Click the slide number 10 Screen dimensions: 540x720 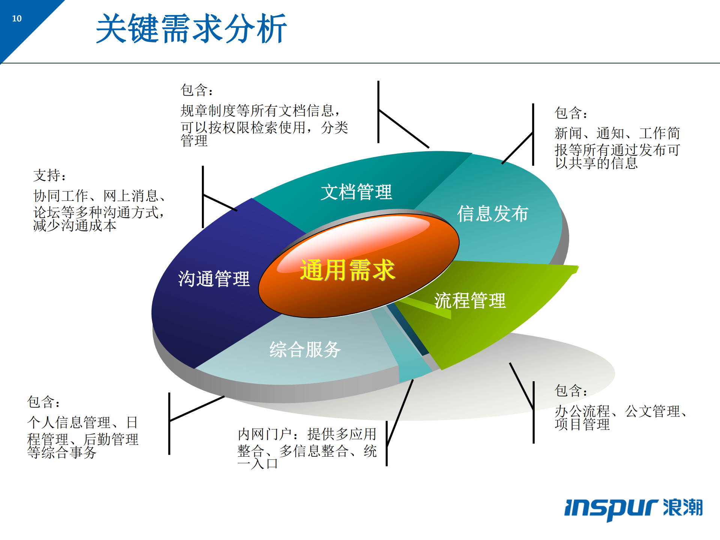tap(17, 18)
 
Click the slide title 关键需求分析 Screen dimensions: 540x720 tap(191, 29)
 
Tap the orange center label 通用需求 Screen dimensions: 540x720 tap(347, 270)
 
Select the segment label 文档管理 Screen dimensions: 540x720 tap(356, 192)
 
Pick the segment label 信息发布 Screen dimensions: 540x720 tap(492, 214)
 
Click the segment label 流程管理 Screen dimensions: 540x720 tap(470, 301)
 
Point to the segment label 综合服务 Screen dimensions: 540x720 tap(305, 349)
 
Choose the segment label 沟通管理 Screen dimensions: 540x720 tap(213, 279)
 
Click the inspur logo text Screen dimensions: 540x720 tap(611, 508)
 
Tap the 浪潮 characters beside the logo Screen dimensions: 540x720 tap(682, 507)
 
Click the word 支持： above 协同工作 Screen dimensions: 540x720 tap(49, 175)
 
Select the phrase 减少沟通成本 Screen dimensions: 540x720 tap(75, 226)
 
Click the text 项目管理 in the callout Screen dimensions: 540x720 tap(582, 424)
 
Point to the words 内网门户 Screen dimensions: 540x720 tap(265, 434)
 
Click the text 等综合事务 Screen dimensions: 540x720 tap(62, 452)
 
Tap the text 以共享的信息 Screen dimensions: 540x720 tap(596, 163)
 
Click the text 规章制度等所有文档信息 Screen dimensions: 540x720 tap(257, 110)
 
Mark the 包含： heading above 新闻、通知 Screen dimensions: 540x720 tap(571, 113)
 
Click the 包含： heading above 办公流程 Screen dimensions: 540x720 tap(571, 390)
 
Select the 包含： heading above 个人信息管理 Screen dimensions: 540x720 tap(43, 402)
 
